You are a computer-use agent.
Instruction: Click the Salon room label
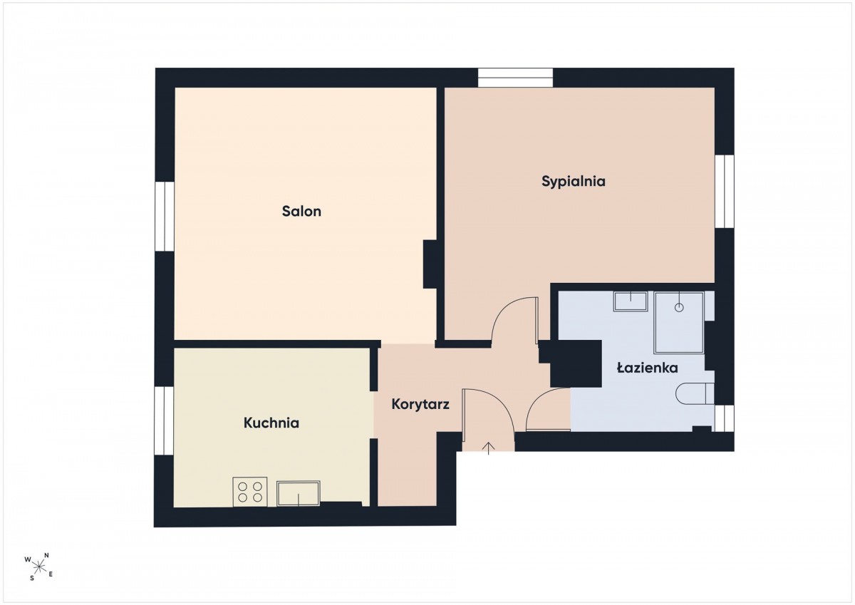click(301, 211)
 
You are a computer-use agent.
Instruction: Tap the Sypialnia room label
click(574, 181)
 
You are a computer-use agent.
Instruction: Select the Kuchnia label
click(271, 423)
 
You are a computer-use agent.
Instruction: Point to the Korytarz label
click(420, 404)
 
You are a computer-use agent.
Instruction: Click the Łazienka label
click(648, 368)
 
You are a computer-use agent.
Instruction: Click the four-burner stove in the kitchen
click(250, 492)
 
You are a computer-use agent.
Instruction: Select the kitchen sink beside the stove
click(298, 493)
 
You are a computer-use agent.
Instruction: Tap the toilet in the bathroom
click(695, 393)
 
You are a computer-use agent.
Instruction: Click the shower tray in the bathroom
click(678, 323)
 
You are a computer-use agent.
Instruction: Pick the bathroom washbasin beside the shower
click(631, 301)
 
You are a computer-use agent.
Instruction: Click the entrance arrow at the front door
click(489, 448)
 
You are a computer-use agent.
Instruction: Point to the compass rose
click(38, 567)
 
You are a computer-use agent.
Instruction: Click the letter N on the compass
click(46, 555)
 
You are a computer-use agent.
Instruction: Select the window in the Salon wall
click(165, 217)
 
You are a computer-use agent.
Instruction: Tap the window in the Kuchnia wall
click(164, 420)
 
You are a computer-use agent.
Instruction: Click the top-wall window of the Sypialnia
click(515, 78)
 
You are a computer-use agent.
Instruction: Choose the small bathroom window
click(724, 418)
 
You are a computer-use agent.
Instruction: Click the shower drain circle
click(679, 308)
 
